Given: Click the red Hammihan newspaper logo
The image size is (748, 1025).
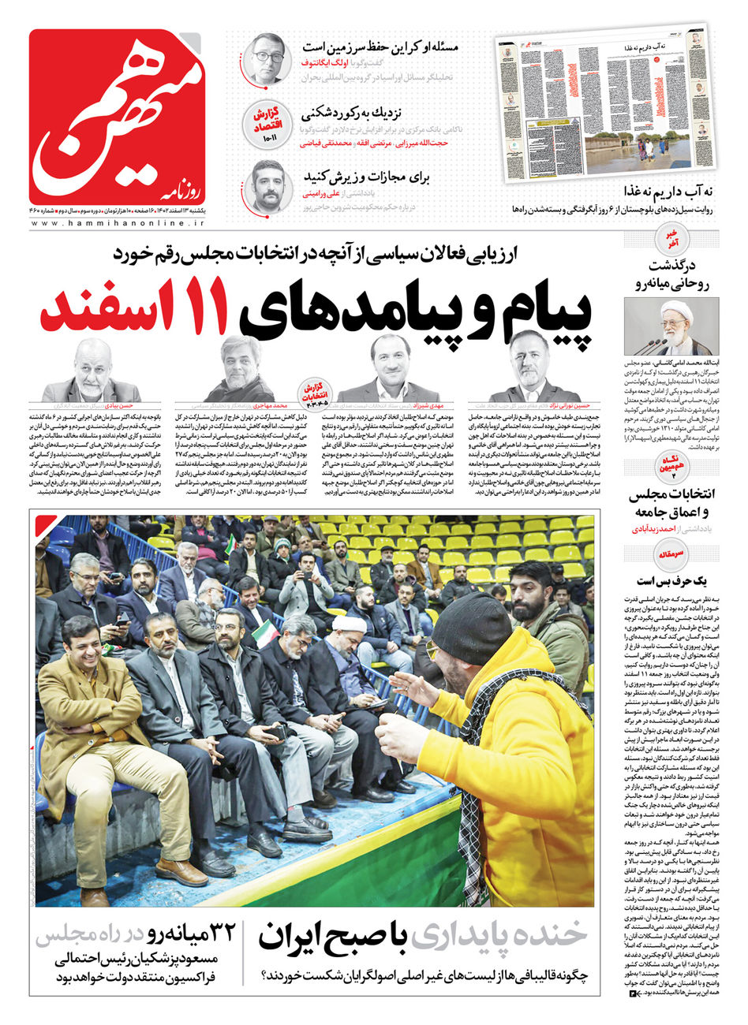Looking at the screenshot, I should tap(116, 116).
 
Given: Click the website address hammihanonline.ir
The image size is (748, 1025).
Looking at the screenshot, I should tap(116, 224).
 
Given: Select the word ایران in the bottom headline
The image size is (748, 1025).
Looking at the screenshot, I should tap(304, 935).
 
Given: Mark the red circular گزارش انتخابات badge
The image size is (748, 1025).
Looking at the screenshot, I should tap(316, 389).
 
